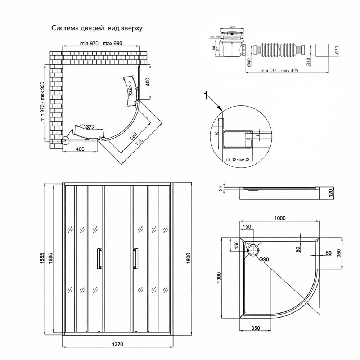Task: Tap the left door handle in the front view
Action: [98, 258]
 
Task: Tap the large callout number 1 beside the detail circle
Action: [206, 95]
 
